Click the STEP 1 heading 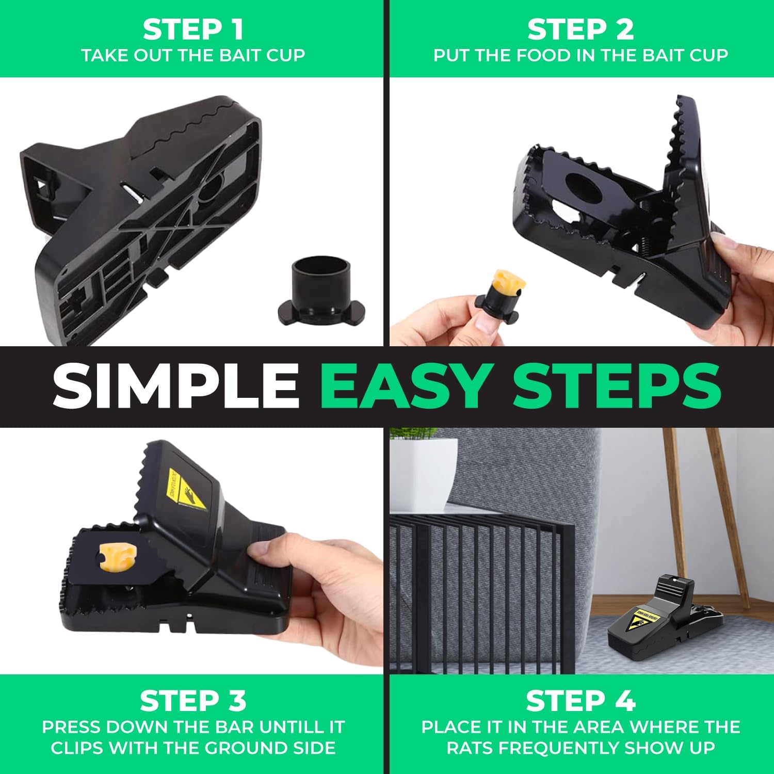click(x=193, y=29)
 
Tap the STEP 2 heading click(x=580, y=29)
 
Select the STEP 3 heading click(x=193, y=701)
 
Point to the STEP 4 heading click(x=580, y=701)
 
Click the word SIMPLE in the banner click(x=175, y=385)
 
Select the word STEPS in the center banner click(x=617, y=385)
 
